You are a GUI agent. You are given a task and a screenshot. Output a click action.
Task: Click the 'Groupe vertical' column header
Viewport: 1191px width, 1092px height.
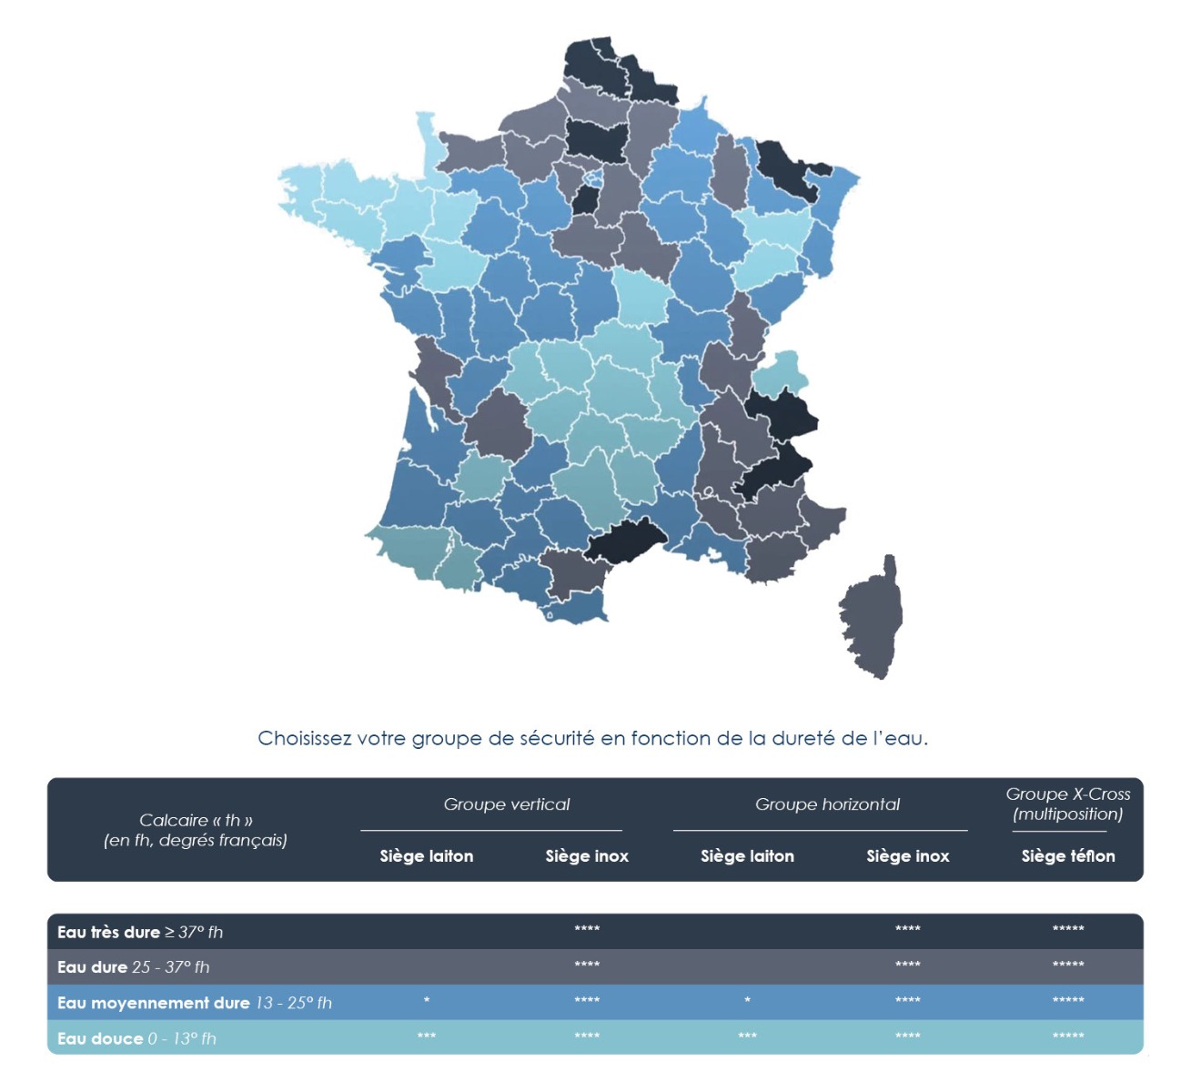(x=507, y=804)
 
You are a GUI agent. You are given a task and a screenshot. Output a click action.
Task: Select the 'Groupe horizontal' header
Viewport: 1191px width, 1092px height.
(x=827, y=804)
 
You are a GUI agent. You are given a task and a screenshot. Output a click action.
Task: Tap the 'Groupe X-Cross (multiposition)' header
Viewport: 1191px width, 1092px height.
(x=1067, y=804)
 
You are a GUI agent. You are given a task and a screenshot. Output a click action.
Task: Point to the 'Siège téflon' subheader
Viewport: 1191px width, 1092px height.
(x=1067, y=856)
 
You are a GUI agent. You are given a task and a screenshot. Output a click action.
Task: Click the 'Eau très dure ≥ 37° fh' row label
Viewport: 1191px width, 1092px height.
(x=140, y=932)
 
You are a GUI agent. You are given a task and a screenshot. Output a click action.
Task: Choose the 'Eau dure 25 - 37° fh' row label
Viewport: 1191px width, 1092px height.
(x=133, y=967)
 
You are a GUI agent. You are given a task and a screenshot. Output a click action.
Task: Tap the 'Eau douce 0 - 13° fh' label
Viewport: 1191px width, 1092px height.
(x=136, y=1038)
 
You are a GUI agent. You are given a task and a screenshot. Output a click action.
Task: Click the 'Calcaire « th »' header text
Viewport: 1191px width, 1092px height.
(x=196, y=820)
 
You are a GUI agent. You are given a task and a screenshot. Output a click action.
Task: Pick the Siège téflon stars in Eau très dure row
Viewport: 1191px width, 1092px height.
(x=1067, y=929)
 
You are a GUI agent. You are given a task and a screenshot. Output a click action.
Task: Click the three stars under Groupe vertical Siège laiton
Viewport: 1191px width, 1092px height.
(x=427, y=1036)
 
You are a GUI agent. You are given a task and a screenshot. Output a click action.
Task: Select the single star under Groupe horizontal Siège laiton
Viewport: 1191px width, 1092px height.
(x=747, y=1001)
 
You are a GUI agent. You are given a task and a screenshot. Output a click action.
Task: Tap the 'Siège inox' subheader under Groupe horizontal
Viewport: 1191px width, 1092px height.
(x=907, y=856)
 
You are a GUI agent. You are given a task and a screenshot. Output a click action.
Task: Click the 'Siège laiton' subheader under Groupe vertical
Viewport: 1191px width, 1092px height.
(x=427, y=856)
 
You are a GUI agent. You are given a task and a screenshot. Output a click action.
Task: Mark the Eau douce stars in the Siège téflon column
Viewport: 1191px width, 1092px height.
(x=1067, y=1036)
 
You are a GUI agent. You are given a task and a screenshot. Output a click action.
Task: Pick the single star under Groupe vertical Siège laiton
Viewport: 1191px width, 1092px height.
(x=427, y=1001)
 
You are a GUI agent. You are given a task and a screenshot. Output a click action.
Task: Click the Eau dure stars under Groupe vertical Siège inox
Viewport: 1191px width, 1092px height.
(x=587, y=965)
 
